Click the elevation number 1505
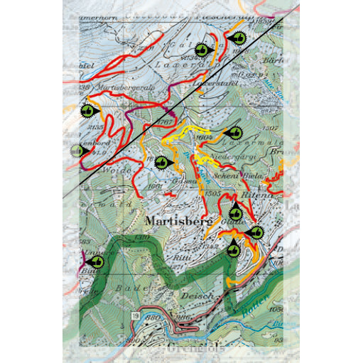tap(211, 193)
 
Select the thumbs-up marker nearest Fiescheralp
tap(237, 37)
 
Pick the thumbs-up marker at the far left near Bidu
tap(96, 261)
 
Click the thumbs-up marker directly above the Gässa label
tap(163, 163)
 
